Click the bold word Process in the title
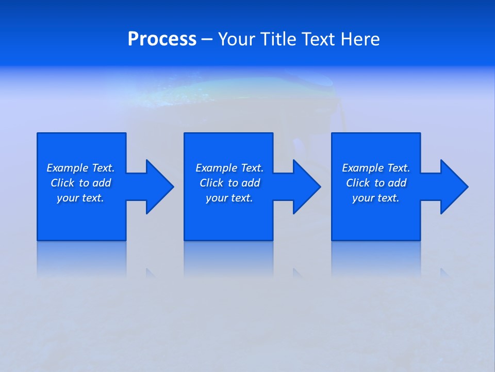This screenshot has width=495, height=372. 162,39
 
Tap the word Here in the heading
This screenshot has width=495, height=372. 360,39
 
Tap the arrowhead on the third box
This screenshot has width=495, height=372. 453,187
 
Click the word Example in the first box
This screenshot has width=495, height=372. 68,168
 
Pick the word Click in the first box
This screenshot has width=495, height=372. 62,183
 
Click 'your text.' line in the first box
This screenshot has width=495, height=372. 80,198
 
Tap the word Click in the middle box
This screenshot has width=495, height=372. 211,183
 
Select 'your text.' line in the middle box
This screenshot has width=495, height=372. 229,198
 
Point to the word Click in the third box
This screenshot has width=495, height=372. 358,183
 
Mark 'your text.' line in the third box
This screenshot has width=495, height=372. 376,198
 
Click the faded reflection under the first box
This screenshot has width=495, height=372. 81,258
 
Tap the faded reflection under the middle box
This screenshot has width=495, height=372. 228,258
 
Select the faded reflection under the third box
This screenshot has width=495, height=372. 376,258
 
